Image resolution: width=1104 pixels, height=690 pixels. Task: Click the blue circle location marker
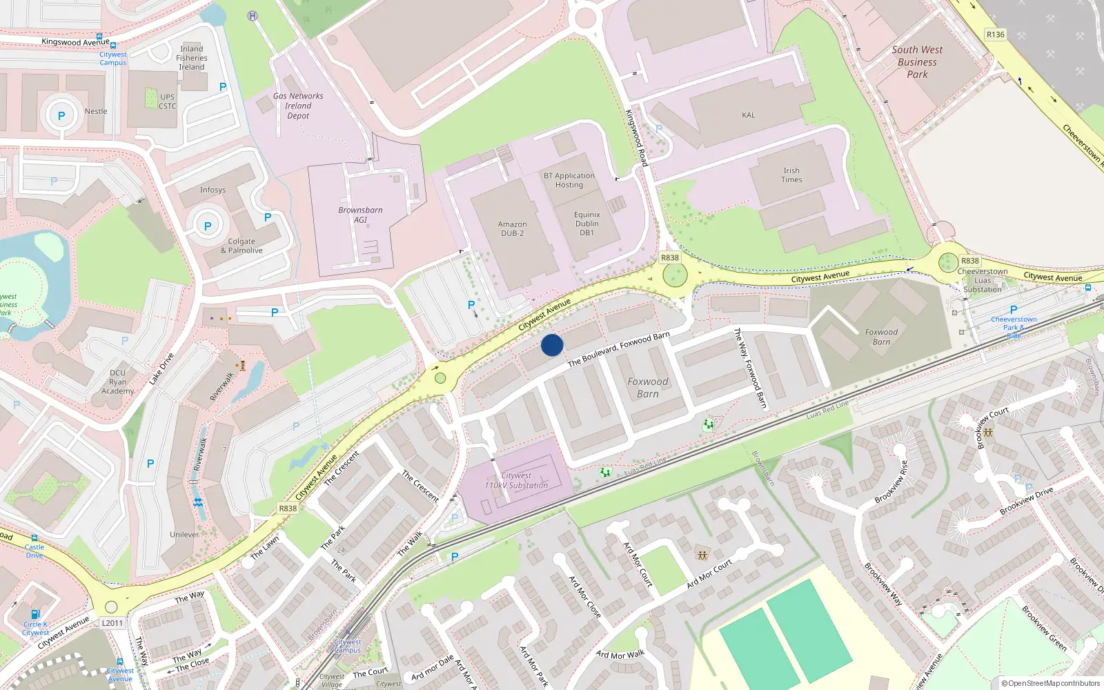point(552,345)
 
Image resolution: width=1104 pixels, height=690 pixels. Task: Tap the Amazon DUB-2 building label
point(512,228)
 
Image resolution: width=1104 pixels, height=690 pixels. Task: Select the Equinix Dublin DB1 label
point(586,224)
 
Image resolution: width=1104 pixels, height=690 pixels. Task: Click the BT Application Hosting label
point(569,180)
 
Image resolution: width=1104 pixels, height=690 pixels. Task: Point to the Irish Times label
point(791,175)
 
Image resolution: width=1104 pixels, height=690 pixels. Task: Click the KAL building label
point(749,115)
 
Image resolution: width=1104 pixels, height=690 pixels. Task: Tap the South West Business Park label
point(917,62)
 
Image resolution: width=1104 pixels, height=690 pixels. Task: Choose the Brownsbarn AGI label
point(360,215)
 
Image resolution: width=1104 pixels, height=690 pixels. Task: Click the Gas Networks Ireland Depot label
point(298,106)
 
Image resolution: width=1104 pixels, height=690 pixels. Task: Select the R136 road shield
point(995,34)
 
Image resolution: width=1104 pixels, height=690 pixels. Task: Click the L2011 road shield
point(112,623)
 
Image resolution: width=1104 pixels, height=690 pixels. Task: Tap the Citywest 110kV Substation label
point(516,480)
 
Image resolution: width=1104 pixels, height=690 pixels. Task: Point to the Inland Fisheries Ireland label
point(192,58)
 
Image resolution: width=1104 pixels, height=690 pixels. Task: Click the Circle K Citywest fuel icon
point(35,613)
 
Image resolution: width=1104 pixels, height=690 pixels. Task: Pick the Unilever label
point(184,535)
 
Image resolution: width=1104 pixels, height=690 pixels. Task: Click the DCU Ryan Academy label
point(118,382)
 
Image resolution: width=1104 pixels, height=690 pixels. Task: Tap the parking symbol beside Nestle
point(61,116)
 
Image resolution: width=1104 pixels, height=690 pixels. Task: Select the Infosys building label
point(213,190)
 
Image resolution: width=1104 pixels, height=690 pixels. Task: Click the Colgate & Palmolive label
point(241,246)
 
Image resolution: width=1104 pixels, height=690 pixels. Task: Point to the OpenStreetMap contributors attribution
point(1051,683)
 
